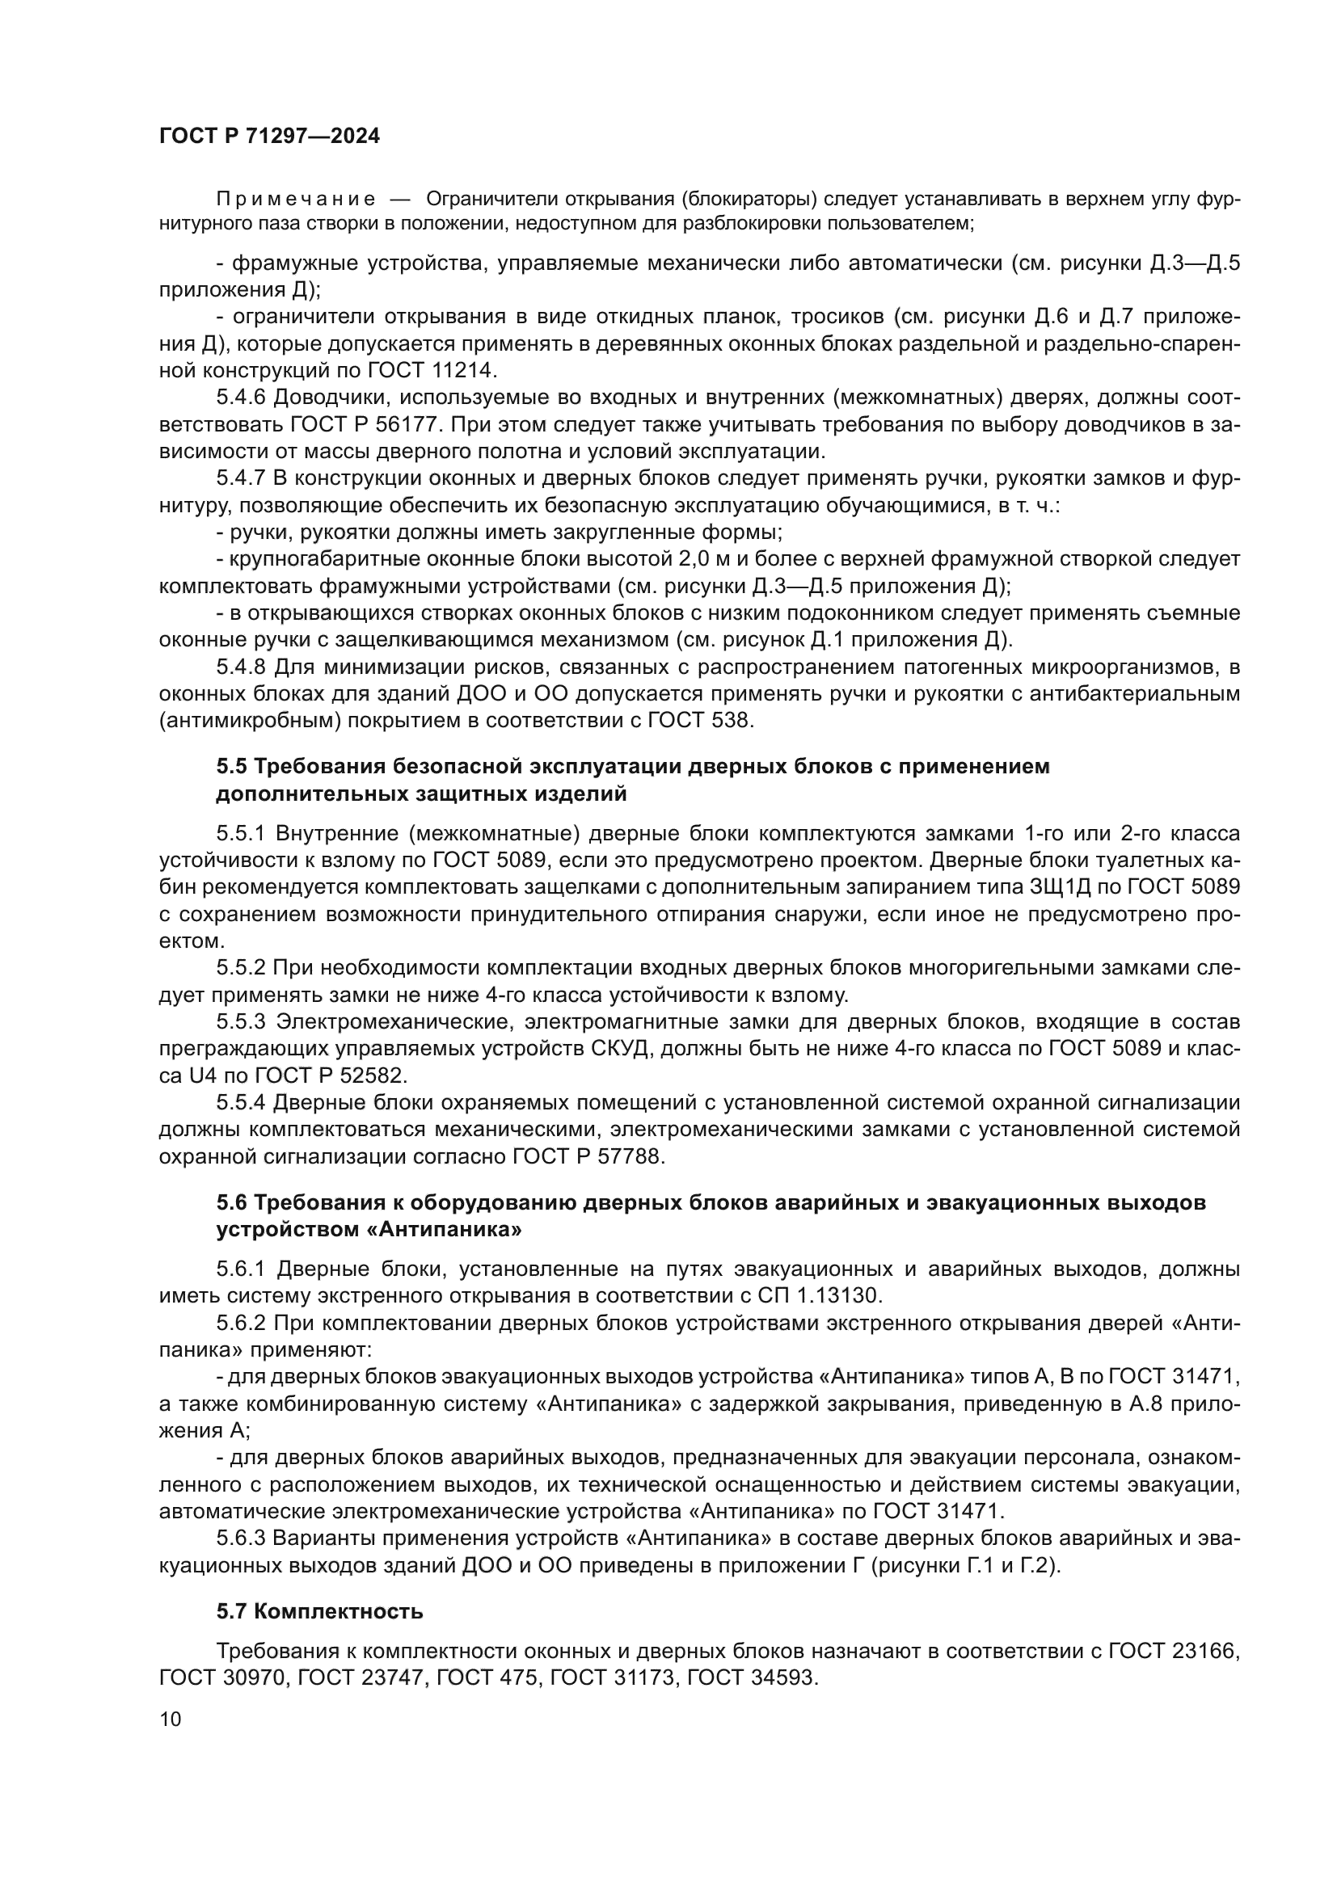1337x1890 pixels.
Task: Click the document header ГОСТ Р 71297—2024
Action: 269,136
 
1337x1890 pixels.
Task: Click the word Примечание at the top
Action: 296,199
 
